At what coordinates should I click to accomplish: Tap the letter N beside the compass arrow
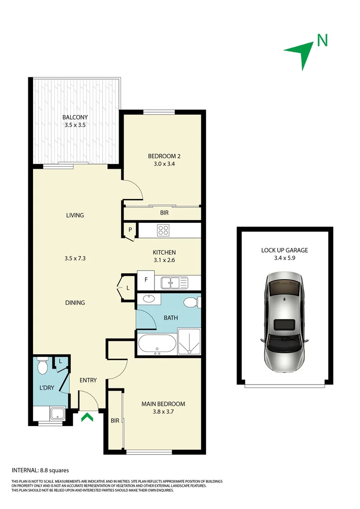pyautogui.click(x=322, y=41)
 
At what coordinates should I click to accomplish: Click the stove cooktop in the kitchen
pyautogui.click(x=163, y=230)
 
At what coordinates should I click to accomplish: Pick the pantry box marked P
pyautogui.click(x=130, y=230)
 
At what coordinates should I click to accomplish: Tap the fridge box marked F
pyautogui.click(x=146, y=280)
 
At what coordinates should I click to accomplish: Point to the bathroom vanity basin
pyautogui.click(x=148, y=299)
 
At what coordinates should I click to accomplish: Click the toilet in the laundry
pyautogui.click(x=42, y=366)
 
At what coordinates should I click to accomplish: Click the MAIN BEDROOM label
pyautogui.click(x=164, y=404)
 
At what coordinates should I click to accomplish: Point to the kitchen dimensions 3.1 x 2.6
pyautogui.click(x=164, y=260)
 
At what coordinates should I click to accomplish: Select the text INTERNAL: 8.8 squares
pyautogui.click(x=40, y=470)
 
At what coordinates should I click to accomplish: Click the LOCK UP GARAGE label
pyautogui.click(x=285, y=250)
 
